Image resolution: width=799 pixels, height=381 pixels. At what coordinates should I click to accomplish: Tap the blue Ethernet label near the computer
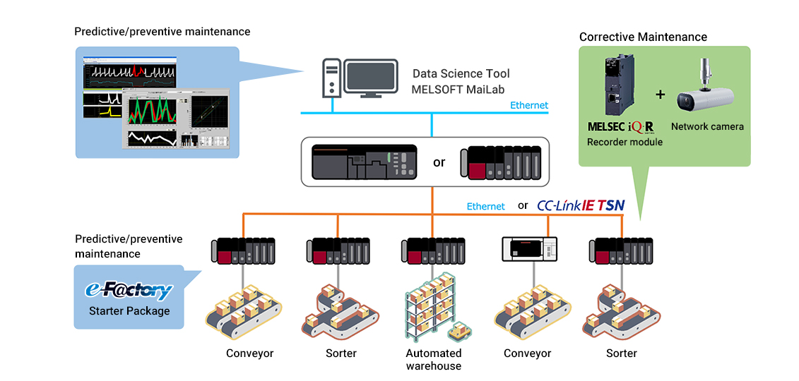pos(529,105)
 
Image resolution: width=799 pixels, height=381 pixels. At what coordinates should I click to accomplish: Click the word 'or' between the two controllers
pos(439,162)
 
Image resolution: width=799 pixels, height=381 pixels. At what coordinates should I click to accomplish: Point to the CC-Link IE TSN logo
pos(581,205)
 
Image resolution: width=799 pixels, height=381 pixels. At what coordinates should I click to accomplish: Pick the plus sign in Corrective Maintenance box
pos(661,93)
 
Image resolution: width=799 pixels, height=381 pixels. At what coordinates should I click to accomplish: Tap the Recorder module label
pos(625,142)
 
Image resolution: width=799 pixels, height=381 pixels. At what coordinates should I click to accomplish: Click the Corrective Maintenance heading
pos(643,37)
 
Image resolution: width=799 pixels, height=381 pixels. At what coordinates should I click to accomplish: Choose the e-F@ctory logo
pos(129,290)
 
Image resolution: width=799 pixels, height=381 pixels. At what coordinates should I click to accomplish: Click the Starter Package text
pos(129,310)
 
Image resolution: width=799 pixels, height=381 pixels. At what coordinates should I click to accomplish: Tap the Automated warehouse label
pos(433,359)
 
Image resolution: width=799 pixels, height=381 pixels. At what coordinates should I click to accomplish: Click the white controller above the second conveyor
pos(529,248)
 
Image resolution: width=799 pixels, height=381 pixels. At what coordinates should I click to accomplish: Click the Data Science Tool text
pos(461,73)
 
